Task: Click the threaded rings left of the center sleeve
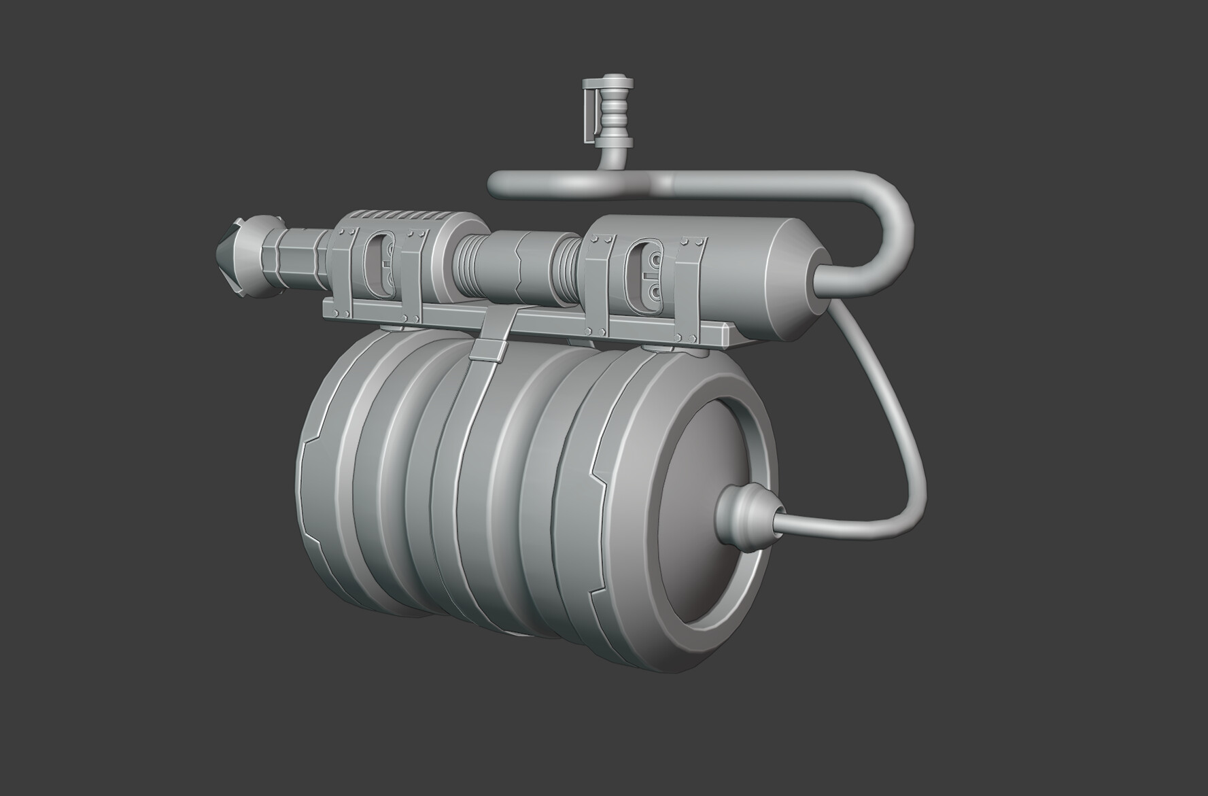(466, 265)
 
